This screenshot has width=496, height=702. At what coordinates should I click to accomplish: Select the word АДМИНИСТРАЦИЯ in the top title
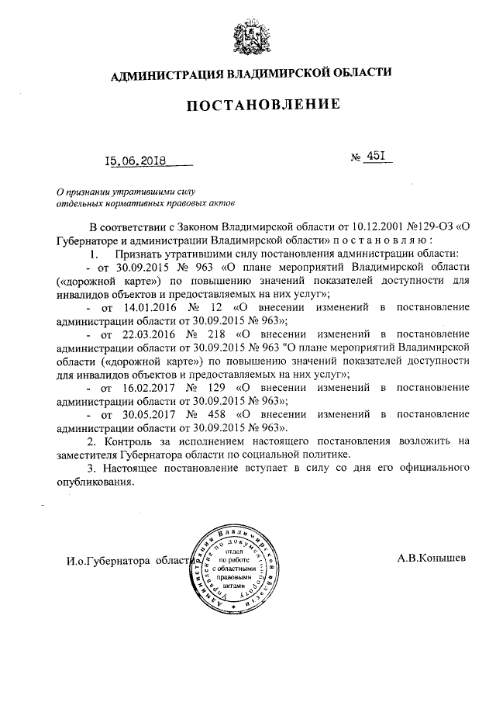click(x=166, y=74)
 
